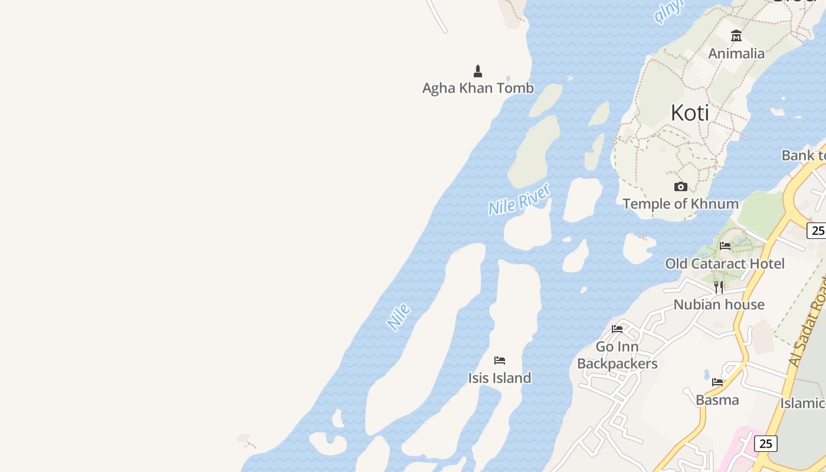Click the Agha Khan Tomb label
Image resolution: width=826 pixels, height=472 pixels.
(478, 88)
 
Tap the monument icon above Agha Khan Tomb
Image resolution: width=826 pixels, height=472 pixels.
(478, 71)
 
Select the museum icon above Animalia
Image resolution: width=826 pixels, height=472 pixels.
(736, 36)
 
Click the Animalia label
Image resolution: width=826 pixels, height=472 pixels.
(736, 54)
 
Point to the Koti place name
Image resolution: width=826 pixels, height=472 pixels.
(690, 113)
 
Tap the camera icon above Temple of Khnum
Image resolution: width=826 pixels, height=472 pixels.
(681, 187)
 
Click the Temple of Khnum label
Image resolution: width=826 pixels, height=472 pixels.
(680, 204)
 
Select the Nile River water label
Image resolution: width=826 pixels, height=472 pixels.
(519, 199)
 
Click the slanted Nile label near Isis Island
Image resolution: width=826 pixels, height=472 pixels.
(399, 316)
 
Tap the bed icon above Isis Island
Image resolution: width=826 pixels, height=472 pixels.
(500, 360)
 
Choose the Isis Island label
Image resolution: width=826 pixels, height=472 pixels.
(500, 378)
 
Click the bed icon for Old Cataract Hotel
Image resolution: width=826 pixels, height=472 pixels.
(725, 246)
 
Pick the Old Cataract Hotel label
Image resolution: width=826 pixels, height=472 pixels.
(725, 264)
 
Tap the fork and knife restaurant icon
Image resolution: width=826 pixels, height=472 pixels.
(719, 287)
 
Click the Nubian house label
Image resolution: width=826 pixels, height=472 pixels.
(719, 304)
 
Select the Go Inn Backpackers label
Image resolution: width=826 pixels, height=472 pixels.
(617, 355)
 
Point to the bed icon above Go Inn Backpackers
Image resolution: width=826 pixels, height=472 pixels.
(617, 329)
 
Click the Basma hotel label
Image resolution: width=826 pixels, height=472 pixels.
(717, 400)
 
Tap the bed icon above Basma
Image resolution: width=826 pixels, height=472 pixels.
(717, 383)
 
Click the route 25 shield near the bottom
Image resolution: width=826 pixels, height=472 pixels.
(765, 444)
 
